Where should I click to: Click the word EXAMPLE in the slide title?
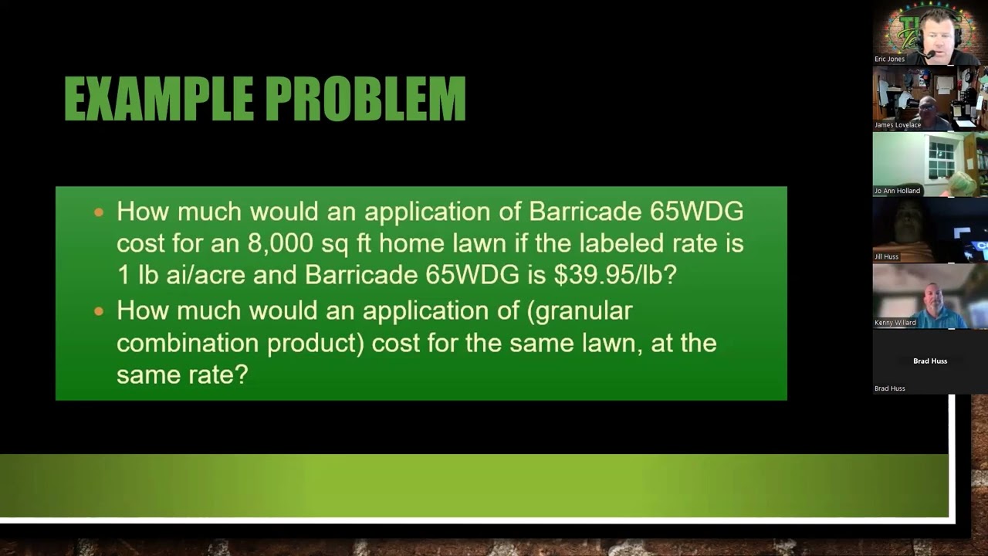tap(158, 99)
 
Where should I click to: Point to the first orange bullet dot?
tap(99, 212)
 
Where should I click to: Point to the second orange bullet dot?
tap(99, 311)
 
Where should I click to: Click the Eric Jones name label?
tap(889, 59)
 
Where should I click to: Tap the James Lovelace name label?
tap(897, 125)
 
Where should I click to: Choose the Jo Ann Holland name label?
tap(897, 191)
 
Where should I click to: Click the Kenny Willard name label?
tap(895, 323)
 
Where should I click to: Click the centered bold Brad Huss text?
tap(930, 361)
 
